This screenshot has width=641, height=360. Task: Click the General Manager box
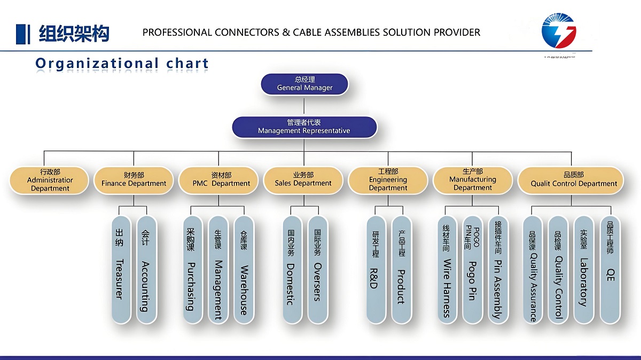tap(304, 84)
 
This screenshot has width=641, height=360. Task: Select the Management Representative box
tap(304, 127)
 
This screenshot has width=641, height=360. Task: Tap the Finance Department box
tap(134, 180)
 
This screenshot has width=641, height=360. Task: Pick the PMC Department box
tap(221, 180)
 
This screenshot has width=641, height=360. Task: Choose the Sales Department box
tap(303, 180)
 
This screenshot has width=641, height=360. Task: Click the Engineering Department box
tap(388, 180)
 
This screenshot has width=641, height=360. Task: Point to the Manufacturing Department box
tap(473, 180)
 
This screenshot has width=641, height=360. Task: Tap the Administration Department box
tap(50, 180)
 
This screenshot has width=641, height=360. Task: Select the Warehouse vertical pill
tap(244, 269)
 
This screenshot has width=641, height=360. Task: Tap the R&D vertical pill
tap(375, 269)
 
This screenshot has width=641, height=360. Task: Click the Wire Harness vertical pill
tap(447, 269)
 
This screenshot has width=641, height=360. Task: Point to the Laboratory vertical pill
tap(584, 269)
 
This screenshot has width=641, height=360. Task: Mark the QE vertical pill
tap(610, 269)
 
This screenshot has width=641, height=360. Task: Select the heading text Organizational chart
tap(122, 64)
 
